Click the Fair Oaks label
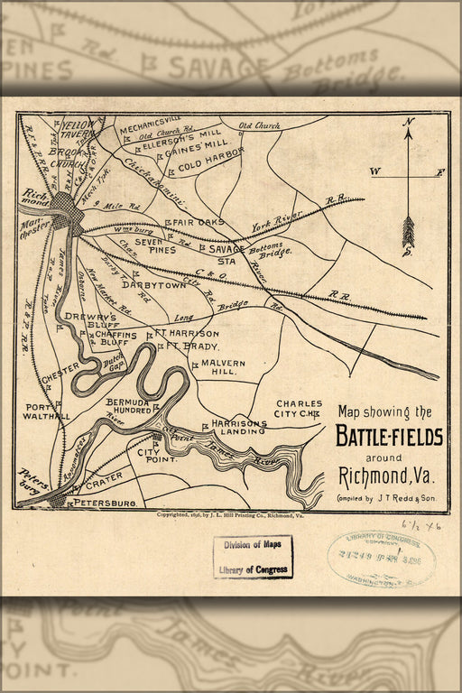195,221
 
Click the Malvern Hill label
217,367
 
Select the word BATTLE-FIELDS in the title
389,437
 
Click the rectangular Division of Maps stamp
253,557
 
